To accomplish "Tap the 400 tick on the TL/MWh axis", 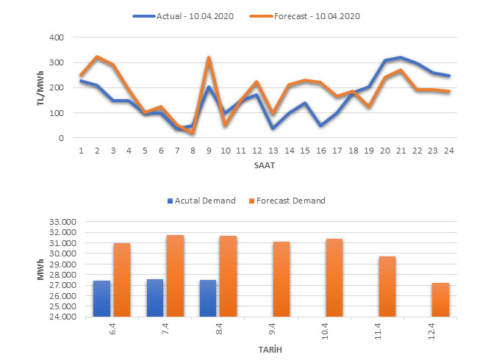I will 55,37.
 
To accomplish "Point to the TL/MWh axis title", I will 41,87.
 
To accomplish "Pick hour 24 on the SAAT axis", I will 448,151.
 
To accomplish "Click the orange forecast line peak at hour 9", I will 209,58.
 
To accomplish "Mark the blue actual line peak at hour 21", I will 398,57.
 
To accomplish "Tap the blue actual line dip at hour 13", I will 273,128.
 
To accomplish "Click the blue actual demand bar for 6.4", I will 101,299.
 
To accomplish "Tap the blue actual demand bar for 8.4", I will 207,299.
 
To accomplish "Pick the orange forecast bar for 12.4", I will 440,300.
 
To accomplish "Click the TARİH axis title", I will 269,350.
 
